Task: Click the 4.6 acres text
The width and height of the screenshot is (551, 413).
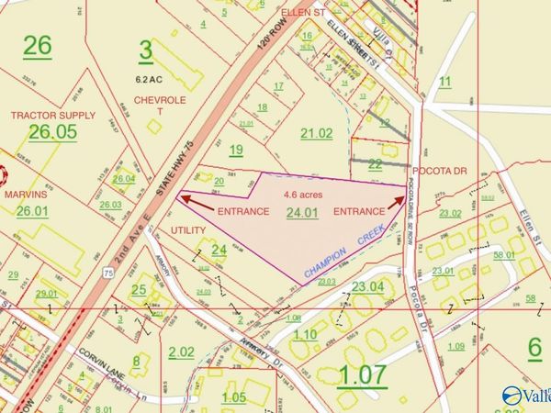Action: point(303,195)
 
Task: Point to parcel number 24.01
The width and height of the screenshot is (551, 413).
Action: point(302,213)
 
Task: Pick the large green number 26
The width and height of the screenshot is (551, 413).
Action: point(39,44)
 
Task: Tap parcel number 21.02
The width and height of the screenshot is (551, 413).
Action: point(317,134)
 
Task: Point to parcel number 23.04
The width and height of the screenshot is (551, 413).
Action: point(367,287)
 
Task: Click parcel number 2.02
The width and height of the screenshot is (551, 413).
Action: point(181,352)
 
